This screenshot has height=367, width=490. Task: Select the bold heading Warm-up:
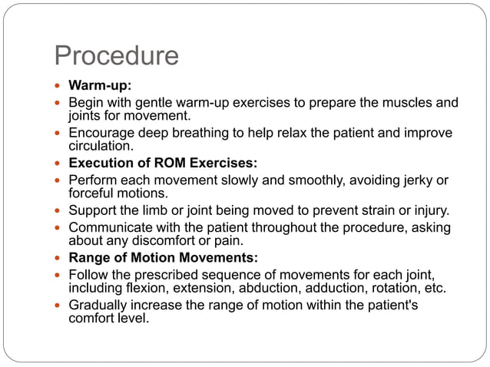[x=99, y=86]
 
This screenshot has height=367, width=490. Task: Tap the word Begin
[x=85, y=102]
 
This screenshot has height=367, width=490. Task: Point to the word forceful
[x=93, y=193]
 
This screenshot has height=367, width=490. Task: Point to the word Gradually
[x=98, y=306]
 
